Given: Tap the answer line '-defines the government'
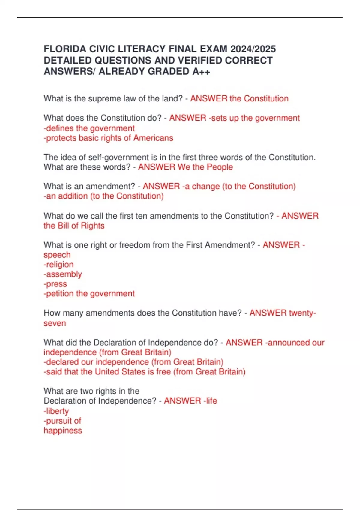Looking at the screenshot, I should point(89,128).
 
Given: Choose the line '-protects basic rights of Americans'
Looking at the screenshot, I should point(108,138).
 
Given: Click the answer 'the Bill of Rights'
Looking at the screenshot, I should point(74,226).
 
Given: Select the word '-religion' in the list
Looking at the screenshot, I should point(58,264).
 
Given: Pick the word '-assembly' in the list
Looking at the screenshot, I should point(63,274).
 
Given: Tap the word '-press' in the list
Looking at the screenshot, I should point(55,284).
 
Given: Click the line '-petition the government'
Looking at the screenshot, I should point(89,293).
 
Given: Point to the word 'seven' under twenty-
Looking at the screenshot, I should point(55,323).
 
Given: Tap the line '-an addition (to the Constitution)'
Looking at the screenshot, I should point(103,196).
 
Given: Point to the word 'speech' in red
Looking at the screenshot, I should point(57,255).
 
